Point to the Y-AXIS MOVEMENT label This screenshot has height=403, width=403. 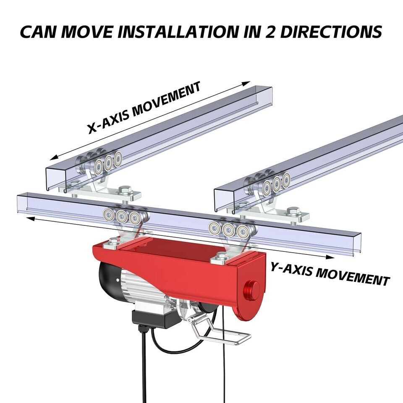coord(330,274)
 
